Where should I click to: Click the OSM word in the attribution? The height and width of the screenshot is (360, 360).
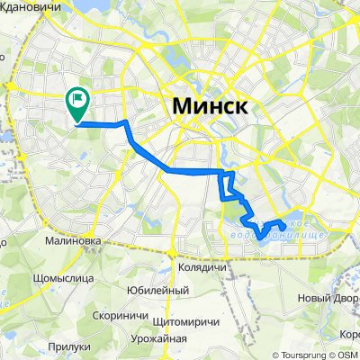tap(347, 354)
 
